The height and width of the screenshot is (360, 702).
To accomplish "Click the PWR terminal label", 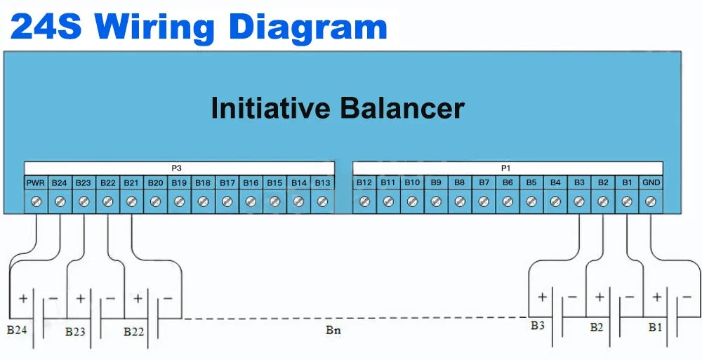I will pyautogui.click(x=36, y=183).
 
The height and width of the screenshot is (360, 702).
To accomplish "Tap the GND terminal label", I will pyautogui.click(x=651, y=183).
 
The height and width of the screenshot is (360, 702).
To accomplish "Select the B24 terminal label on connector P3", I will pyautogui.click(x=60, y=183).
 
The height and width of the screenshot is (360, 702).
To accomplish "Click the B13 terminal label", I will pyautogui.click(x=322, y=183).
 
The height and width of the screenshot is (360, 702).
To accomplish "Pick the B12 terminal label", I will pyautogui.click(x=364, y=183).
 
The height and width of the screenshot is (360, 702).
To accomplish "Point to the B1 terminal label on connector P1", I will pyautogui.click(x=627, y=183).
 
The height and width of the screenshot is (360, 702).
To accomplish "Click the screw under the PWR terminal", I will pyautogui.click(x=36, y=202).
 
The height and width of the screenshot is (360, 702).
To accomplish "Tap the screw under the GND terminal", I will pyautogui.click(x=651, y=202).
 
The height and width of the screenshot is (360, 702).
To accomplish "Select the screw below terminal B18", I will pyautogui.click(x=203, y=202).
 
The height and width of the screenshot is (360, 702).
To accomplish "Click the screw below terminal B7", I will pyautogui.click(x=484, y=202).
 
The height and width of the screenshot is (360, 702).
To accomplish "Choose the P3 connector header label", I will pyautogui.click(x=177, y=168).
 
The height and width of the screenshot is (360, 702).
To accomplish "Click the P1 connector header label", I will pyautogui.click(x=506, y=168).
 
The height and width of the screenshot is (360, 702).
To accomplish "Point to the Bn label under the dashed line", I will pyautogui.click(x=334, y=329).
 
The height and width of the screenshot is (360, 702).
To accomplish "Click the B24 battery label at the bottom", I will pyautogui.click(x=17, y=329).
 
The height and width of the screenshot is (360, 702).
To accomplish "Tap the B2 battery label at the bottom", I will pyautogui.click(x=597, y=327).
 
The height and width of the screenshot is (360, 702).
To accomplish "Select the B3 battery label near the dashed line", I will pyautogui.click(x=538, y=326).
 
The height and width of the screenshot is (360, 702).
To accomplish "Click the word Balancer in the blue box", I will pyautogui.click(x=402, y=109).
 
